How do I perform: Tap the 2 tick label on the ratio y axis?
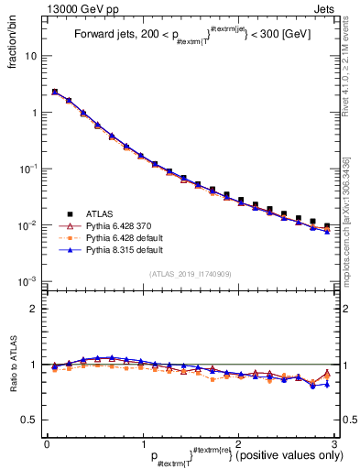tap(34, 309)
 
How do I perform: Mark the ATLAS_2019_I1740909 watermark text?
tap(190, 274)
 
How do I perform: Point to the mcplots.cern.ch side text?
tap(350, 229)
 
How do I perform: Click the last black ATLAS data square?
tap(327, 225)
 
